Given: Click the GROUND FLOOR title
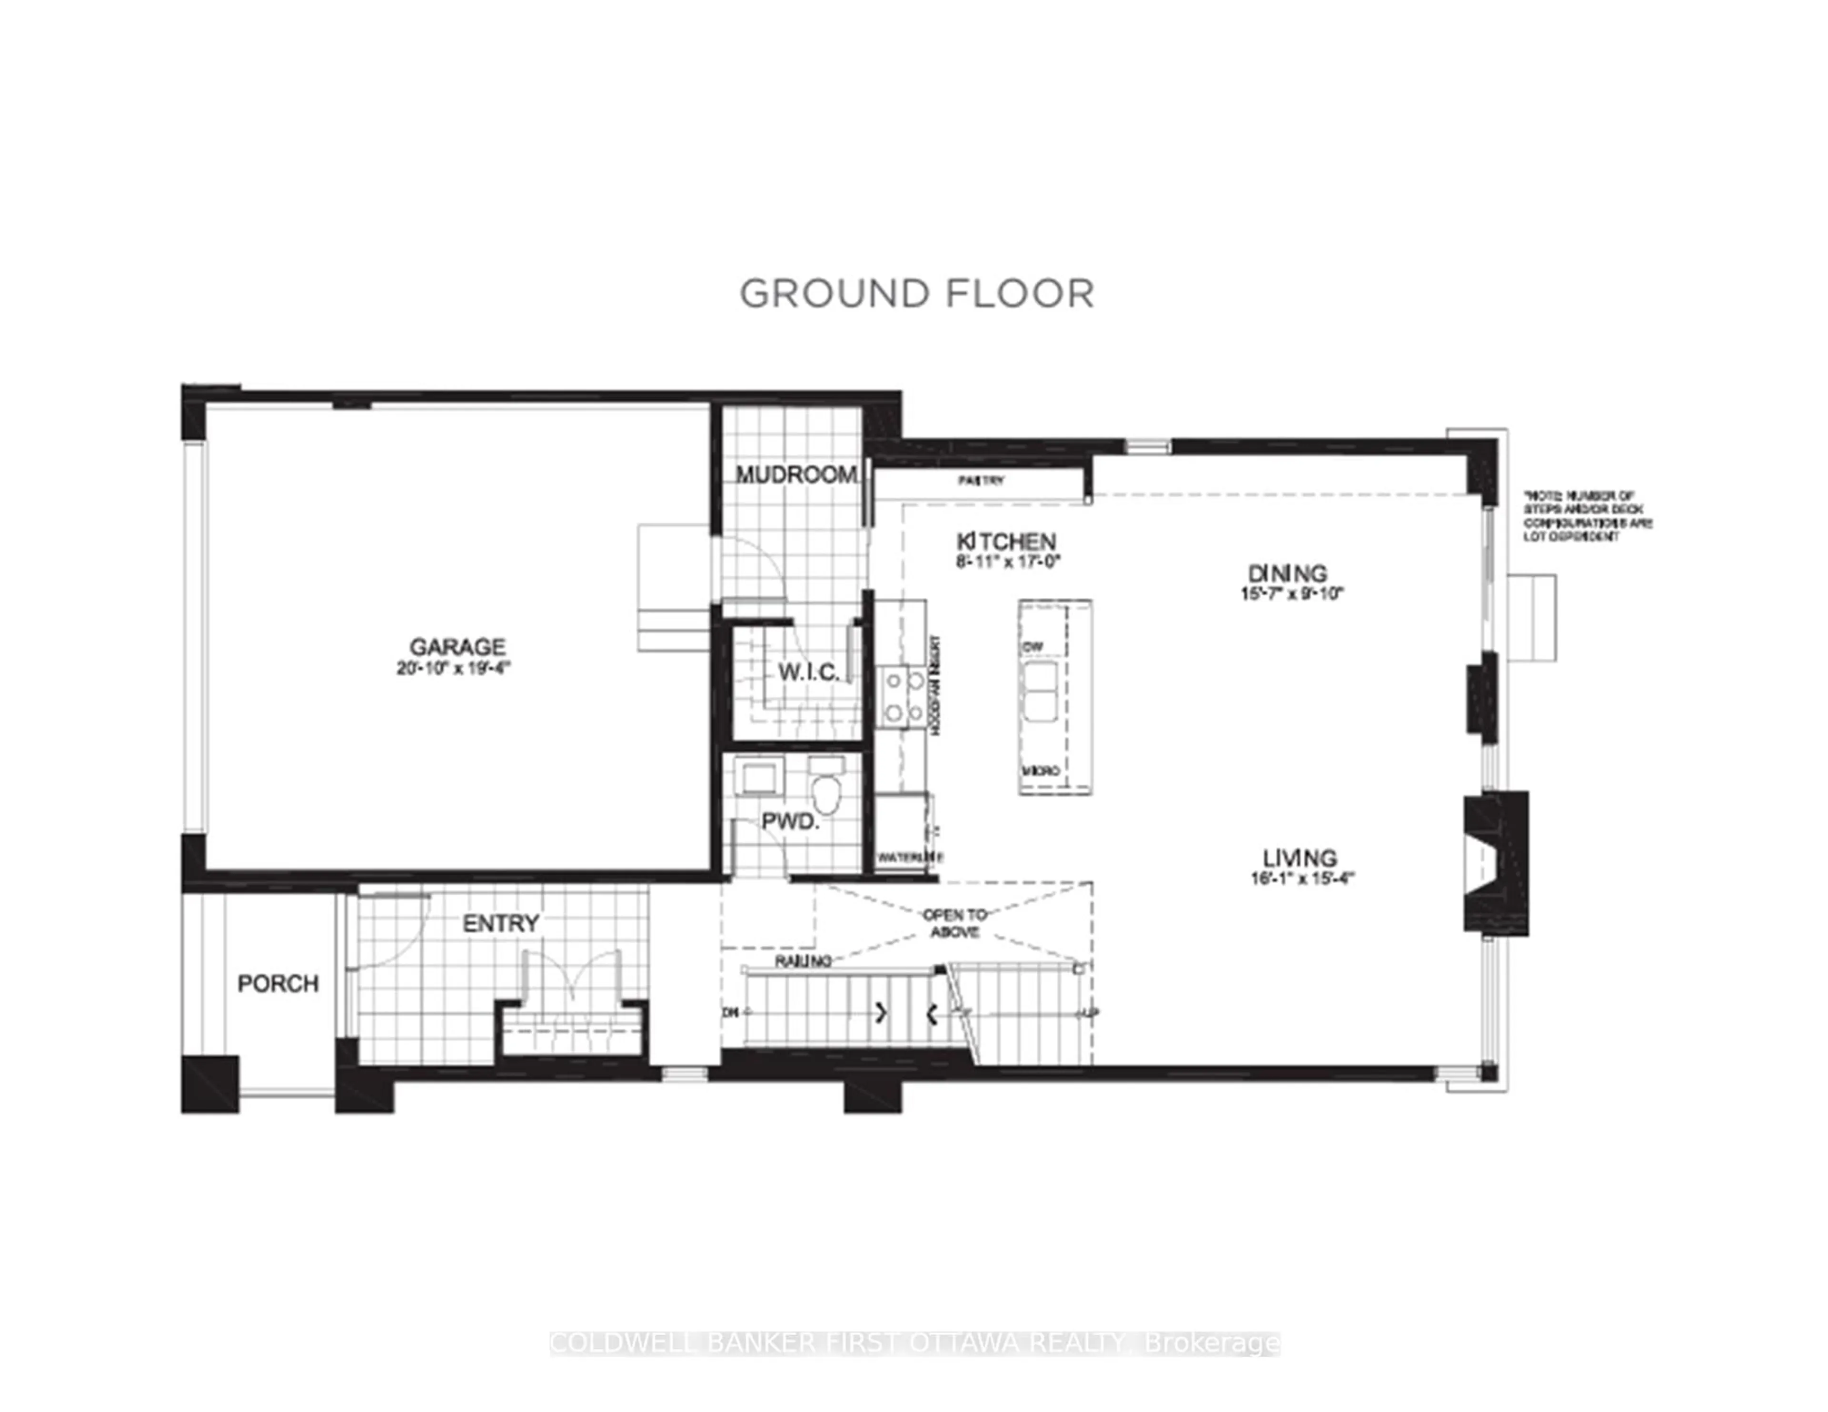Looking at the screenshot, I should point(916,294).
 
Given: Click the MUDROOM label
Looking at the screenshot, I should point(796,474).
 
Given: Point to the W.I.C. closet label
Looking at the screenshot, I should point(808,672).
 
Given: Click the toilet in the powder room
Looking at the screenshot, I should point(826,793).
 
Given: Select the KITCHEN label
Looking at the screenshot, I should point(1007,542).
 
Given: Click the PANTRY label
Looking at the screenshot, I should point(981,481).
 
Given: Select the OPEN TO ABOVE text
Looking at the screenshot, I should point(954,922).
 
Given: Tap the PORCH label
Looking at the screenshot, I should point(278,984).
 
